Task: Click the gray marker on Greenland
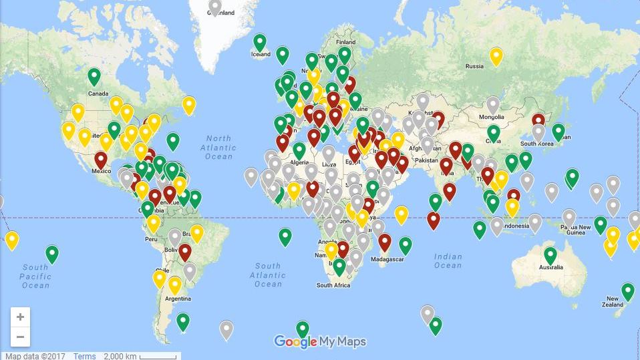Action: (x=214, y=7)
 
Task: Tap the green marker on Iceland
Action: (x=259, y=42)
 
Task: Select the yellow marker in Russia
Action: (x=496, y=56)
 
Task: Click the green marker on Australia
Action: (x=550, y=254)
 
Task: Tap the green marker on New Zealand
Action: (x=627, y=291)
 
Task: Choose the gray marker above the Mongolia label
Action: (x=492, y=105)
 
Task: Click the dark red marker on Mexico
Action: (x=100, y=160)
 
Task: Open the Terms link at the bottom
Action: (x=85, y=356)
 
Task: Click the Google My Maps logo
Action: (x=320, y=342)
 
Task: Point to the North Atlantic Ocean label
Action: (x=218, y=148)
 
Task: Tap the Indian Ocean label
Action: (x=448, y=261)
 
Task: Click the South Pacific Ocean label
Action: (x=35, y=277)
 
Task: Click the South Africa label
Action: (x=333, y=285)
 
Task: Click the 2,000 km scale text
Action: (x=120, y=356)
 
